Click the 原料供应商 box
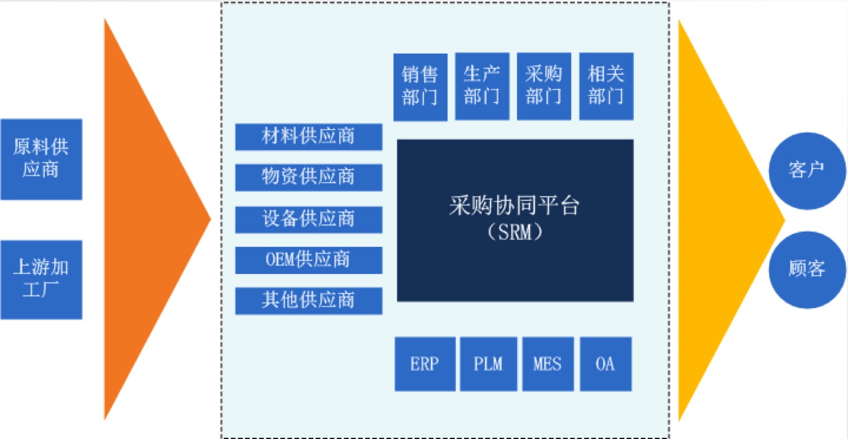pos(41,159)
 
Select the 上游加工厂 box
pos(41,280)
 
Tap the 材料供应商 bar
pos(309,136)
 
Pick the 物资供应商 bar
pos(309,177)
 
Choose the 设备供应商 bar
pos(309,219)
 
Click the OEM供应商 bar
pos(309,260)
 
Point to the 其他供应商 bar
pos(309,300)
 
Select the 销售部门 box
pos(420,87)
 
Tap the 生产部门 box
pos(482,86)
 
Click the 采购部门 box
pos(544,86)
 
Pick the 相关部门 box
pos(606,86)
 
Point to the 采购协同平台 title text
pos(515,206)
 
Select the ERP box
pos(425,364)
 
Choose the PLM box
pos(488,364)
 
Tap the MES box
pos(548,364)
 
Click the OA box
pos(605,364)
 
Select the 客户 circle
pos(807,170)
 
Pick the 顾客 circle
pos(807,269)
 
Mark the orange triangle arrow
pos(146,220)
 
